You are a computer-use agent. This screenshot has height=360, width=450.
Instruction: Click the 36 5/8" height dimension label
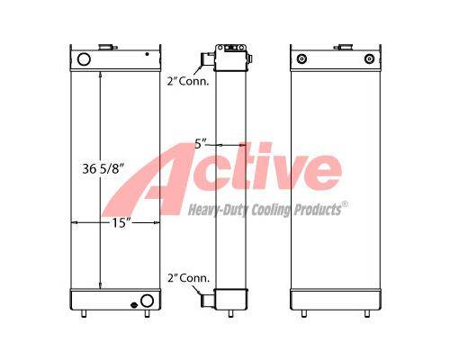pyautogui.click(x=103, y=169)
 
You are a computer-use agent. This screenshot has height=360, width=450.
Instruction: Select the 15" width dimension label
pyautogui.click(x=121, y=223)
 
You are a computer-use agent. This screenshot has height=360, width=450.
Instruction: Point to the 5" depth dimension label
pyautogui.click(x=201, y=144)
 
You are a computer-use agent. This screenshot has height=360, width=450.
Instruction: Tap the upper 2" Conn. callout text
pyautogui.click(x=188, y=81)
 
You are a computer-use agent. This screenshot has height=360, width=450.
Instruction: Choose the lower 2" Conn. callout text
pyautogui.click(x=188, y=278)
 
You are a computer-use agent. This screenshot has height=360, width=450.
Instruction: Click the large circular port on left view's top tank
pyautogui.click(x=84, y=59)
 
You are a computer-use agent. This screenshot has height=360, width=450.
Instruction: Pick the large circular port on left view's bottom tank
pyautogui.click(x=147, y=301)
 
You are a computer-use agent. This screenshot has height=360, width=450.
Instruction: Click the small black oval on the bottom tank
pyautogui.click(x=134, y=305)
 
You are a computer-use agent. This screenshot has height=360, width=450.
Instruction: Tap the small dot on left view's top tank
pyautogui.click(x=147, y=54)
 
